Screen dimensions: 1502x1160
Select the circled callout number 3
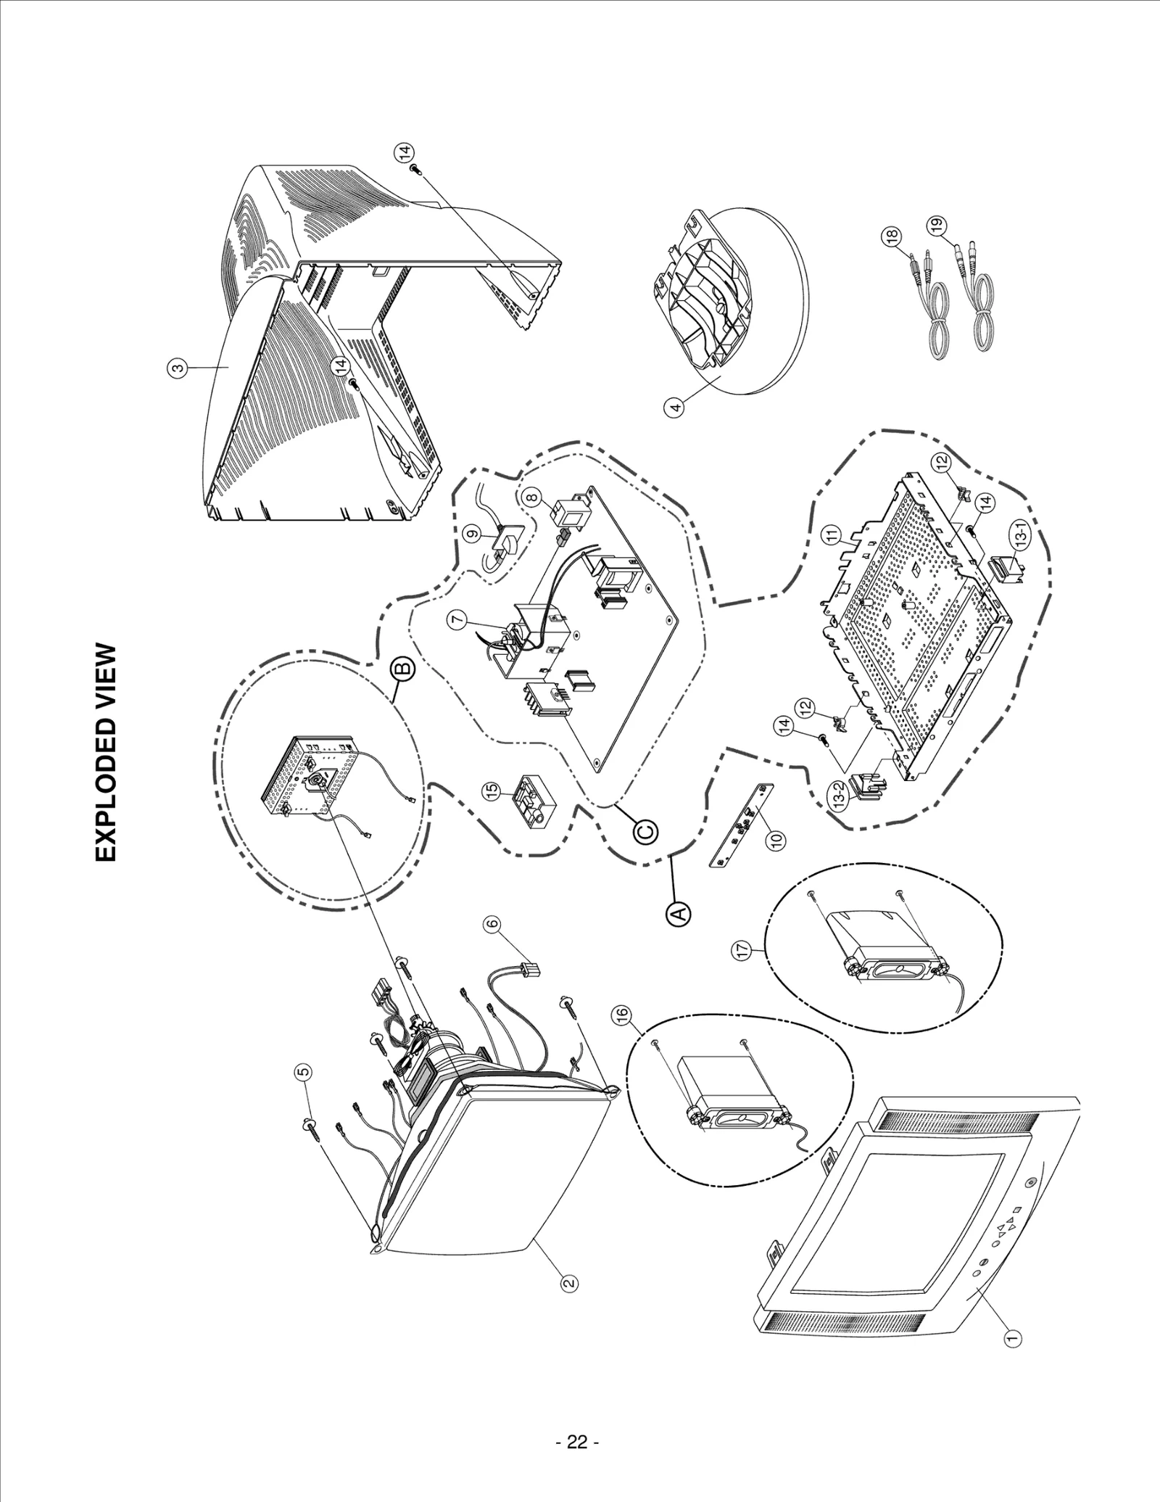[x=176, y=368]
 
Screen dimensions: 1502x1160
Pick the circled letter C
[x=646, y=830]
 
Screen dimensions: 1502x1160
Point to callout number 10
[x=776, y=839]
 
